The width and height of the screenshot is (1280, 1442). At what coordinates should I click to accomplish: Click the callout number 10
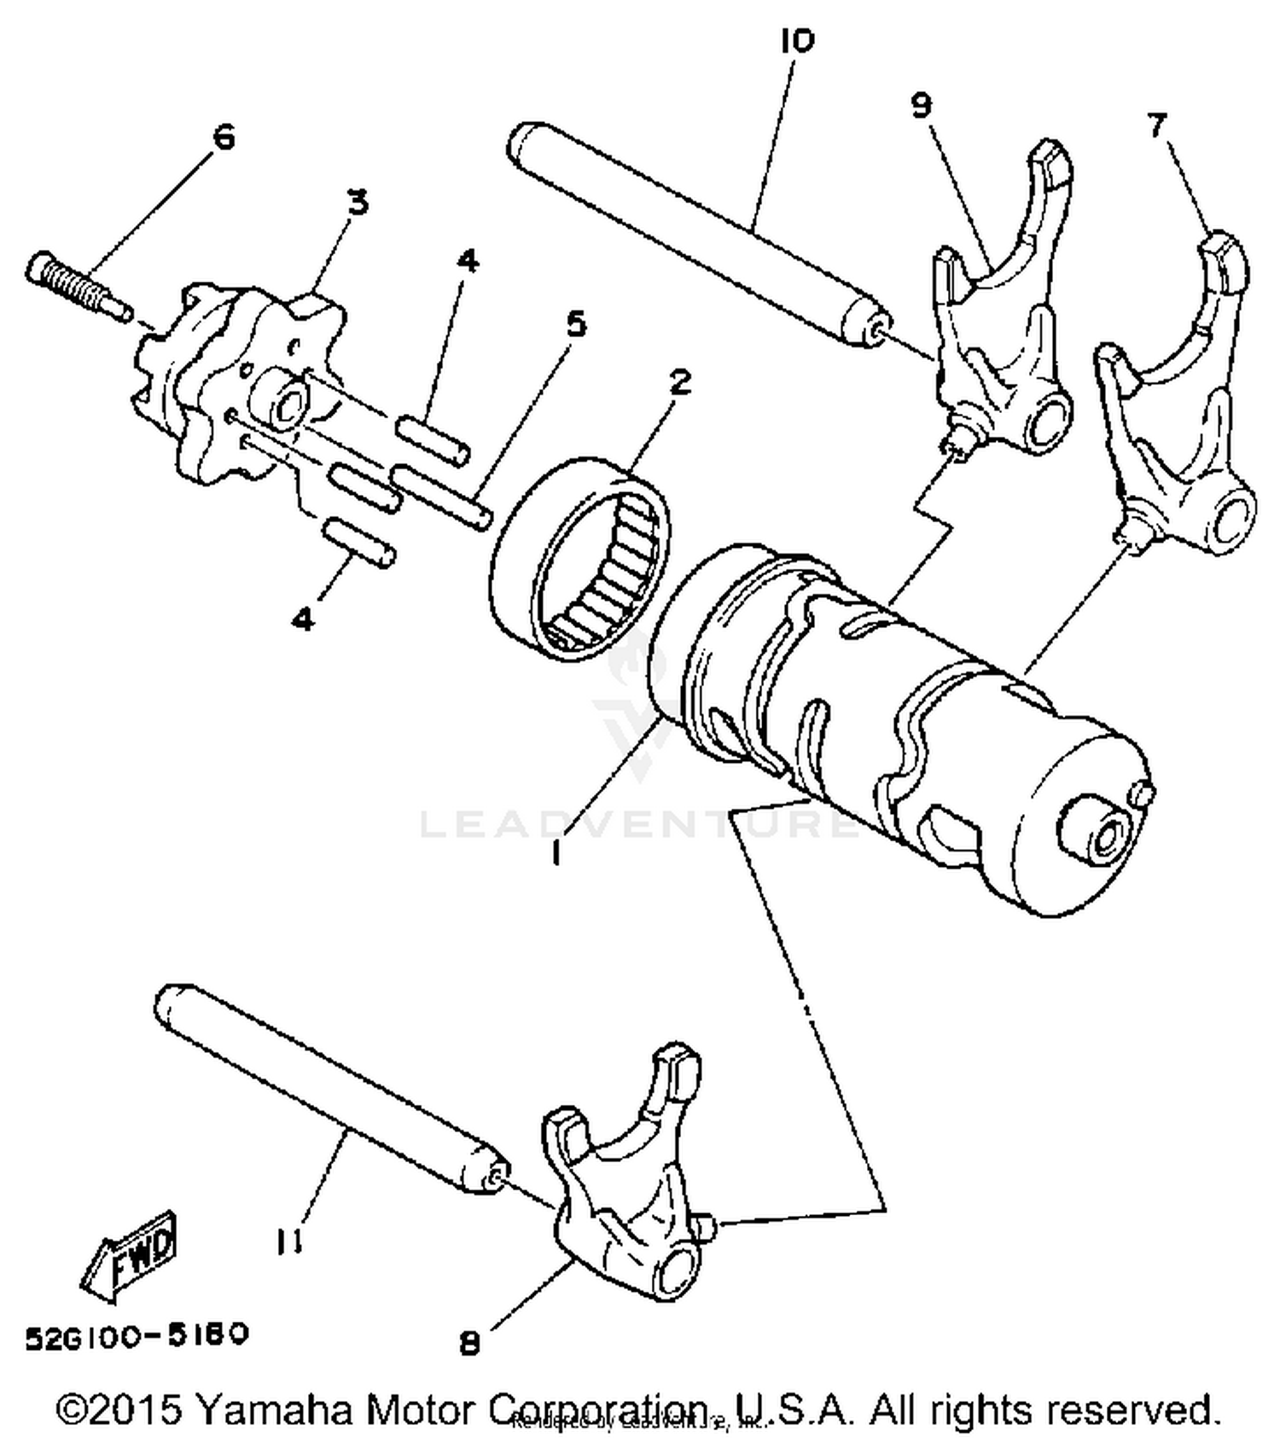797,40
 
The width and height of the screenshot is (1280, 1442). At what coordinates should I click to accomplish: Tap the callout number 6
224,137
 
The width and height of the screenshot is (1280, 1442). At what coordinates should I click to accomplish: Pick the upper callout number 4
468,261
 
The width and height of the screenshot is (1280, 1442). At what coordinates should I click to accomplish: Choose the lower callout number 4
302,619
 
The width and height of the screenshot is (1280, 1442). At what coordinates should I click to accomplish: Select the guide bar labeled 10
695,230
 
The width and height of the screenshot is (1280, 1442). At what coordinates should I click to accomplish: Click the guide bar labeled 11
333,1088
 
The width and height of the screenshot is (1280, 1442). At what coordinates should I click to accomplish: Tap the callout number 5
577,324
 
